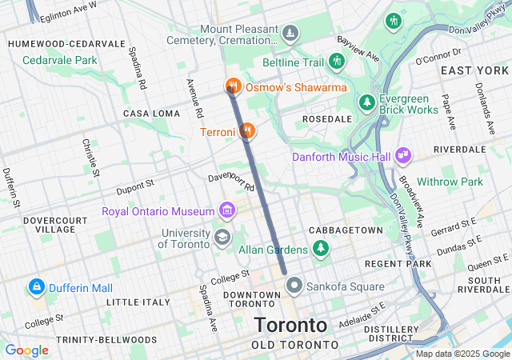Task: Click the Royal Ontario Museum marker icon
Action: [228, 211]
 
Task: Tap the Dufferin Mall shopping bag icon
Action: [36, 286]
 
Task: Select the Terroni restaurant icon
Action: [247, 130]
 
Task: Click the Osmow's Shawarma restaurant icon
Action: [233, 86]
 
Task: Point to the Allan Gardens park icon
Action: [321, 249]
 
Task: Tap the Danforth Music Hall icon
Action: [402, 156]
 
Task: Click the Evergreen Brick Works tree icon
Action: [366, 102]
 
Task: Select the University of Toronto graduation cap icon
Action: [222, 237]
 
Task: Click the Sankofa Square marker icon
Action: [294, 286]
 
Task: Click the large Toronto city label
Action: [290, 326]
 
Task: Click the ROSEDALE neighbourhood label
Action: [326, 118]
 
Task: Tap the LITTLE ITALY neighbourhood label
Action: [138, 302]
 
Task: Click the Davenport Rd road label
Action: [230, 182]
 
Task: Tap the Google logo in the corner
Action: [27, 350]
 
